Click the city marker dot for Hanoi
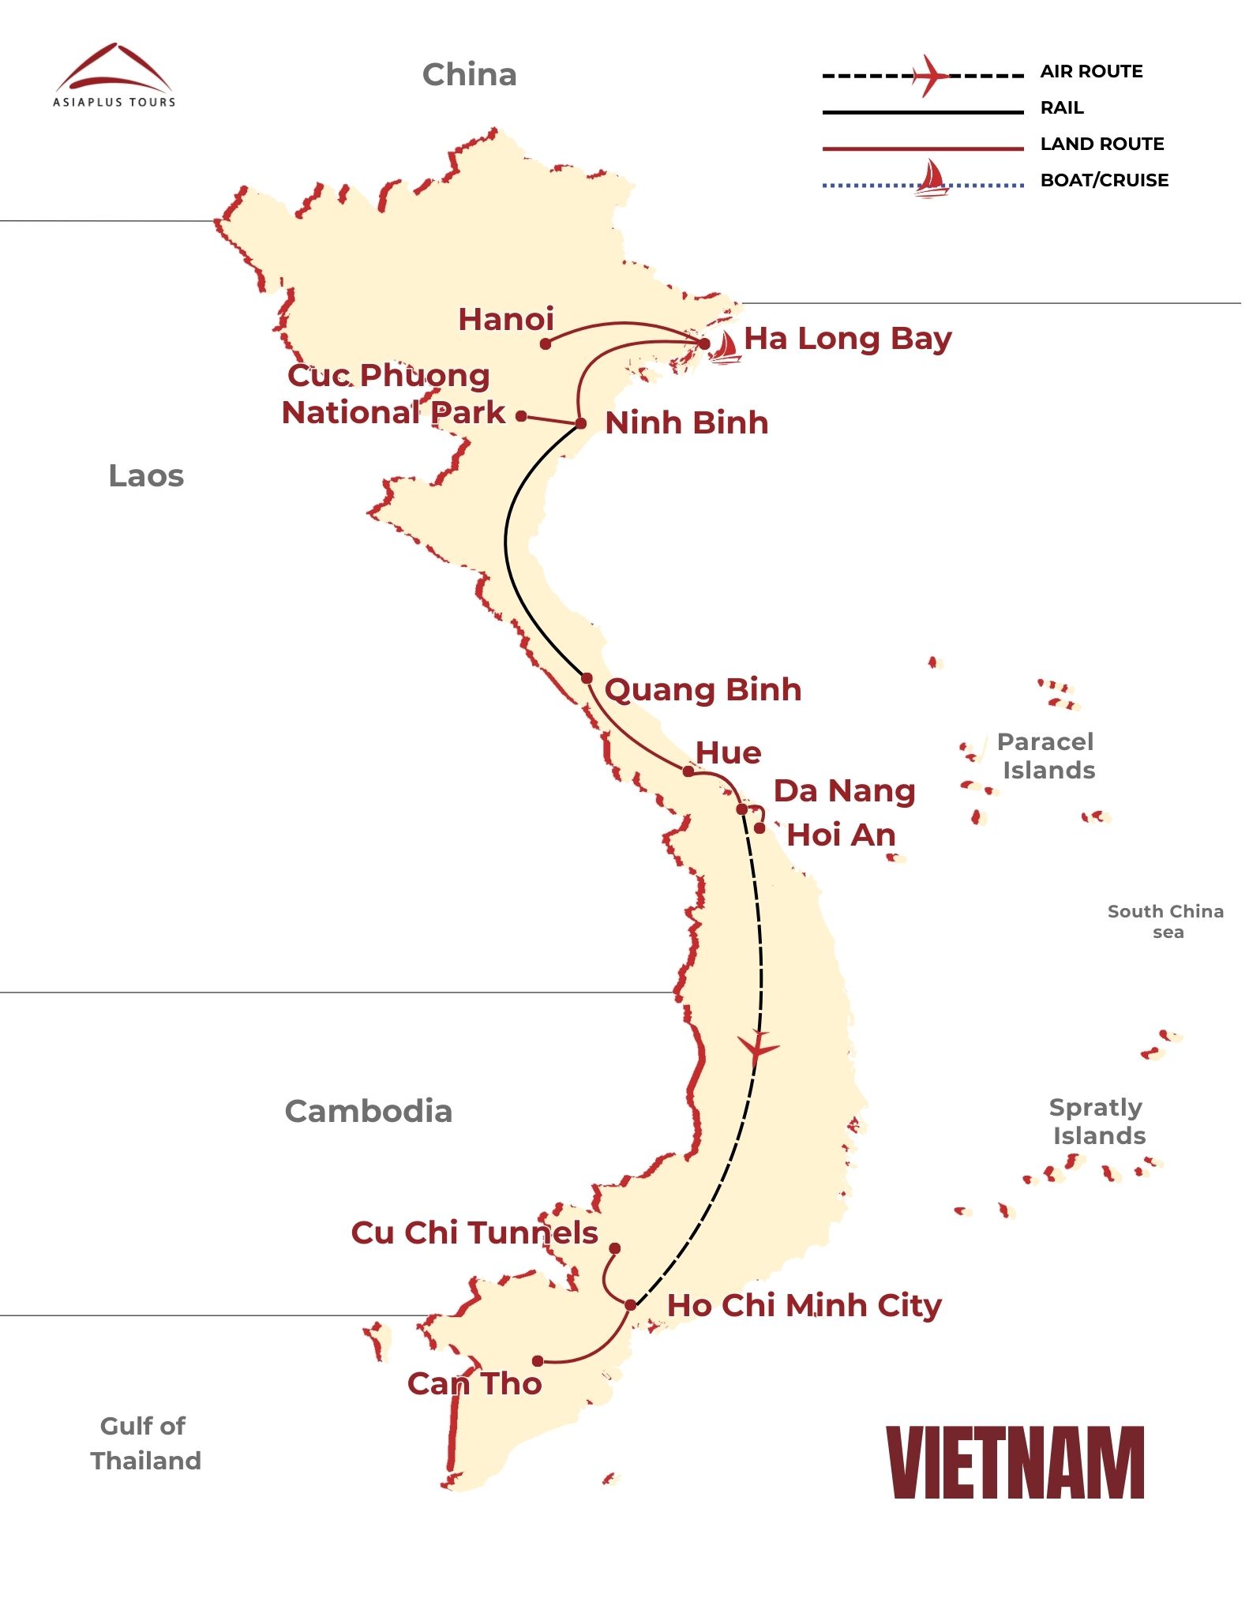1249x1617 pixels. click(546, 344)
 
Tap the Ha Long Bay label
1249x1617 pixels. click(847, 339)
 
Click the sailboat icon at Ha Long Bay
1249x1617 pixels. click(724, 348)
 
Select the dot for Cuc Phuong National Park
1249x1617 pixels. click(521, 416)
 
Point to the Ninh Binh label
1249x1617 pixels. click(686, 423)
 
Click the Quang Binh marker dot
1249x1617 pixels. click(587, 678)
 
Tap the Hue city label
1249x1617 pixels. click(728, 753)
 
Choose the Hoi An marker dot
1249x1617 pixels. click(759, 828)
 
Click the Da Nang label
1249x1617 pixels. click(844, 791)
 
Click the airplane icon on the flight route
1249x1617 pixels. click(758, 1047)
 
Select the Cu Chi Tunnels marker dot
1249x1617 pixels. click(615, 1248)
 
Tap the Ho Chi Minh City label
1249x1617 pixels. click(804, 1306)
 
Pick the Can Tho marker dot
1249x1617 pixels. click(538, 1361)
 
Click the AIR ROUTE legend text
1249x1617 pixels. click(1091, 72)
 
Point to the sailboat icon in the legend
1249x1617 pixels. click(932, 179)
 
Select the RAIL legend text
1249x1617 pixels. click(1062, 108)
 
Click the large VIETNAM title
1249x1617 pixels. click(1015, 1463)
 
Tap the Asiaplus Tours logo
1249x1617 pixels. click(114, 76)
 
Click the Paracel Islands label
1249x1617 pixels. click(1047, 756)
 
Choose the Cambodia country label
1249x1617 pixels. click(368, 1112)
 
